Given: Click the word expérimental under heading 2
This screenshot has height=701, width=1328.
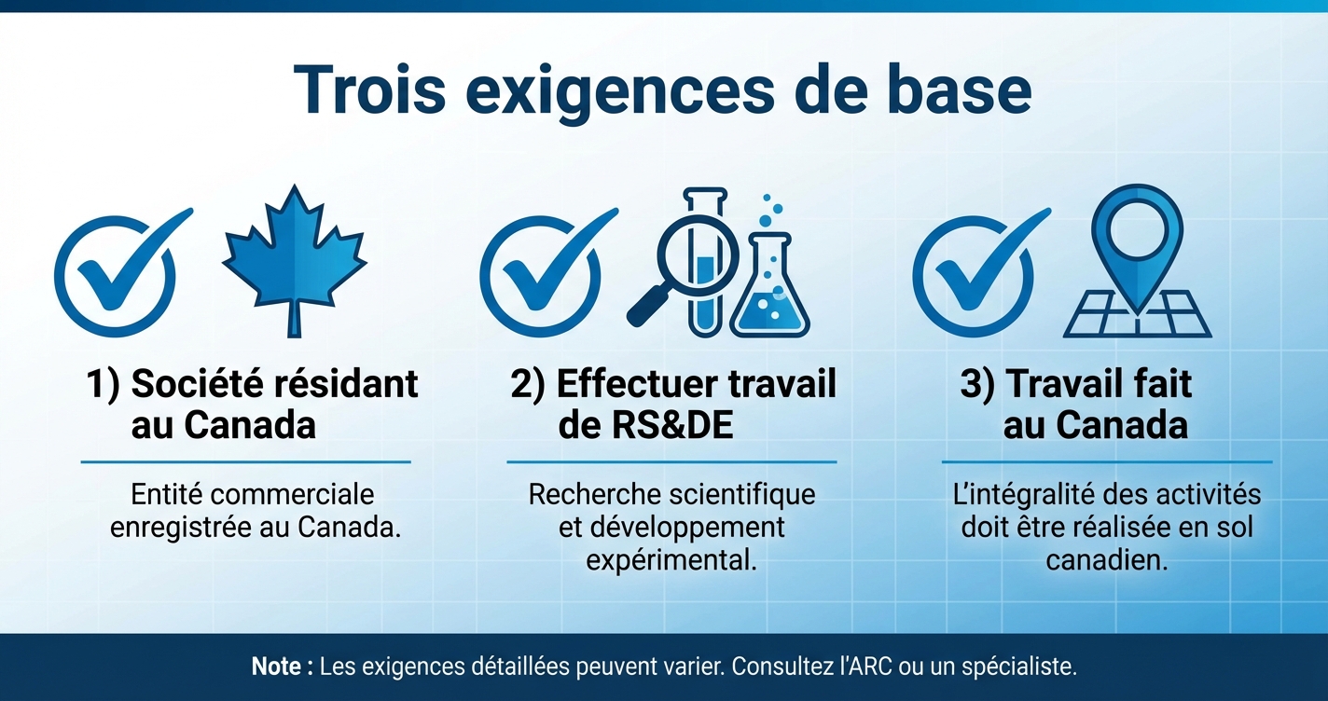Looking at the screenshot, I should [x=671, y=561].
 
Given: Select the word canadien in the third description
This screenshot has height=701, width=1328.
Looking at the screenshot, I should [x=1106, y=561].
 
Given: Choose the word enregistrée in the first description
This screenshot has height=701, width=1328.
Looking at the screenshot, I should [x=180, y=528].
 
